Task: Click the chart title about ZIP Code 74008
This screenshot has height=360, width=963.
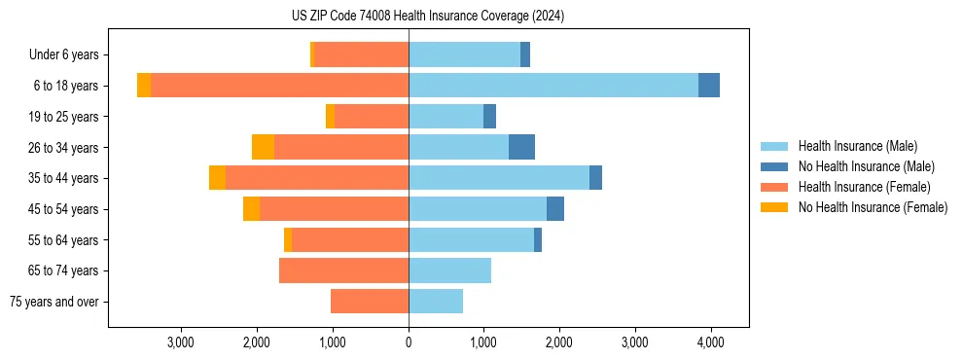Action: point(428,17)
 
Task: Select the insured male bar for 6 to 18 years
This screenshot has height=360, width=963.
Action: point(553,86)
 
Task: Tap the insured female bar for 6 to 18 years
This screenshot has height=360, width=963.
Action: point(279,86)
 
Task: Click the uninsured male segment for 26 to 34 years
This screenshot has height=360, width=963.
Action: point(521,147)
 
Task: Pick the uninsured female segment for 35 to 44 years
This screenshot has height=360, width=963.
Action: point(217,178)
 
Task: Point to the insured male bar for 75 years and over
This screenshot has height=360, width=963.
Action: point(436,302)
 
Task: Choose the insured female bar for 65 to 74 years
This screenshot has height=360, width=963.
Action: point(343,270)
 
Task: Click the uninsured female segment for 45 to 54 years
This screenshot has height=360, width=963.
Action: point(251,209)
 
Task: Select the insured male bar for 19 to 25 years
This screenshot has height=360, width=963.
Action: point(446,117)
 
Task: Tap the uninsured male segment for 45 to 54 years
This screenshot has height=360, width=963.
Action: point(555,209)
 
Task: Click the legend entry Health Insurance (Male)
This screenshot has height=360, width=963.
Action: point(857,146)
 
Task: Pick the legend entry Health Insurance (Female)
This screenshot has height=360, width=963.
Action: point(864,187)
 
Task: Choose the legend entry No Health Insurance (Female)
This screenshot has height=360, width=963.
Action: point(873,207)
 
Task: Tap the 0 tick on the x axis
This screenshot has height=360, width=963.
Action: point(409,342)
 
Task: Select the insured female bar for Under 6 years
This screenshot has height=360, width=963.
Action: point(361,54)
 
